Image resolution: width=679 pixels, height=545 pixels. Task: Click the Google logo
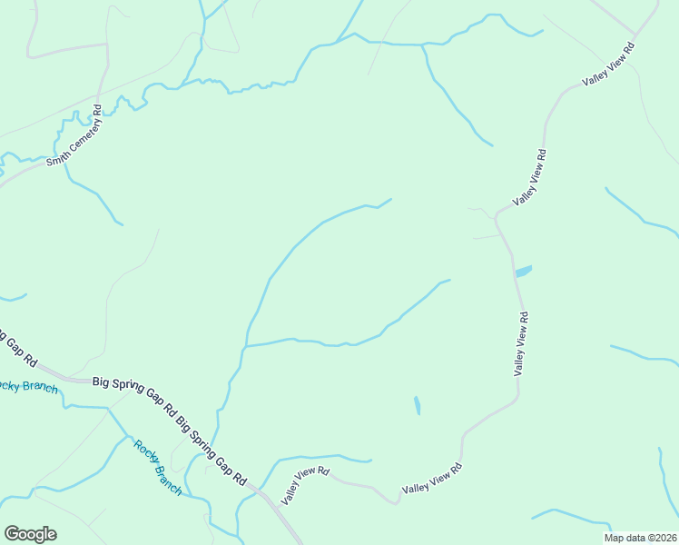coord(30,534)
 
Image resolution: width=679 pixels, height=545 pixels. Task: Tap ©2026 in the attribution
coord(661,538)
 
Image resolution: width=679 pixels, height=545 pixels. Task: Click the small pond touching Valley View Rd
coord(523,271)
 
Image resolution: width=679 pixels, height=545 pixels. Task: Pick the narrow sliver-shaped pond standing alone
coord(417,405)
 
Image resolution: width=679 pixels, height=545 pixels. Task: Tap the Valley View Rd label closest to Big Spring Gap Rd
coord(305,485)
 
